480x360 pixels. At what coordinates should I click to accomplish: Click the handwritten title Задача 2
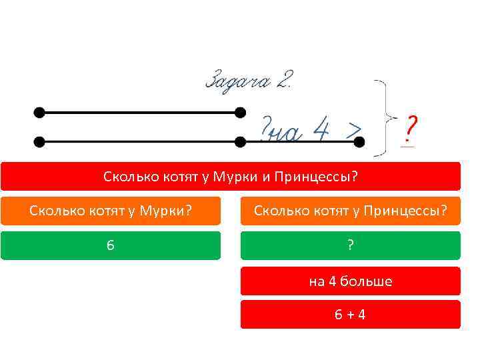(x=249, y=81)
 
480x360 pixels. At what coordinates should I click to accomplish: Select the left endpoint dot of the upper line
(x=39, y=112)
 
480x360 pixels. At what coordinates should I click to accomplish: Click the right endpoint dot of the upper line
(x=240, y=112)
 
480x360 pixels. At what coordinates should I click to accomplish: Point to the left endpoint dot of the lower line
(x=39, y=141)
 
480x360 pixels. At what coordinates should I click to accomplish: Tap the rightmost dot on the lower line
(x=359, y=141)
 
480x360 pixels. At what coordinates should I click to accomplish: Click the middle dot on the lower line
(x=240, y=141)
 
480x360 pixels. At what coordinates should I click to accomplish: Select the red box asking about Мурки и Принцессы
(x=230, y=177)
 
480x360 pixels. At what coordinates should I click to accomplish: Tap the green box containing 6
(x=111, y=245)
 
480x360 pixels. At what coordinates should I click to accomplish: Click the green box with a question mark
(x=350, y=245)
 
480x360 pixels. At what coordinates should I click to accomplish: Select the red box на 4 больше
(x=350, y=281)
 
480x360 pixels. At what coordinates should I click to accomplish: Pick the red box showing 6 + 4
(x=350, y=314)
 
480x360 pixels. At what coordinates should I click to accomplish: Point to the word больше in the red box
(x=366, y=281)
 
